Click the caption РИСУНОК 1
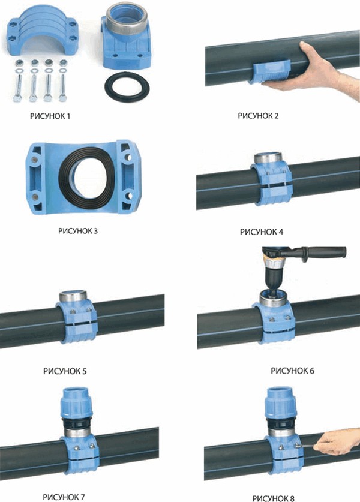click(50, 116)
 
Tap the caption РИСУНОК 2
click(258, 116)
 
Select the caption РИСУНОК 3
click(78, 231)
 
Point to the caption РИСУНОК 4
click(262, 232)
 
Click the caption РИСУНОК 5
click(65, 371)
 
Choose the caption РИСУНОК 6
click(292, 371)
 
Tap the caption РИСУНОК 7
click(64, 497)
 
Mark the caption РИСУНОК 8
click(273, 498)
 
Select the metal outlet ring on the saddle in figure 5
click(73, 296)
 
